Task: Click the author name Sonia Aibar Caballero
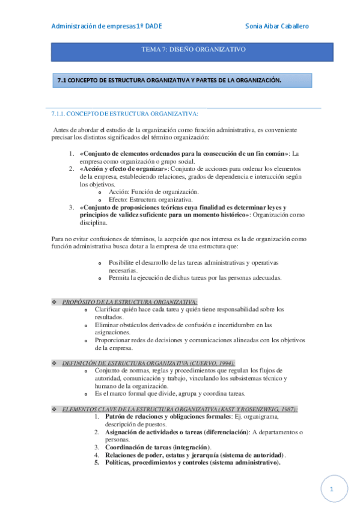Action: tap(281, 26)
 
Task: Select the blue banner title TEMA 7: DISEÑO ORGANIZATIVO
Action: tap(192, 50)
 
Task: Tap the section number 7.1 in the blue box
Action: tap(61, 80)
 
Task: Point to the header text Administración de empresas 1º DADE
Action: tap(106, 26)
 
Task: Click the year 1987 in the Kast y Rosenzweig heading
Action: tap(284, 409)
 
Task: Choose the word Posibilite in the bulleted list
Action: tap(122, 262)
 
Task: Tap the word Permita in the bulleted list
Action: tap(120, 277)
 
